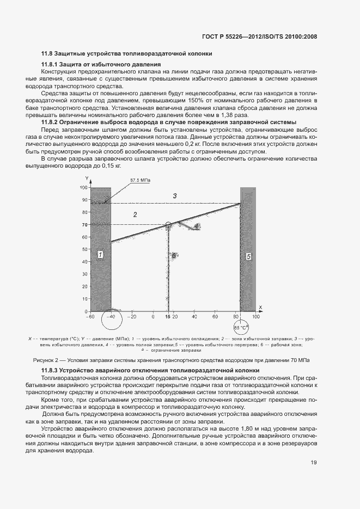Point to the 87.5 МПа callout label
(x=140, y=180)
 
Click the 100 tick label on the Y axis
(x=83, y=187)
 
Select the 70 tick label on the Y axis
(x=84, y=225)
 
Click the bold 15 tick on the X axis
(x=168, y=316)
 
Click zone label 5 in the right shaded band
(x=248, y=255)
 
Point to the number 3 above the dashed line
(x=175, y=195)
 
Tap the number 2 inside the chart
(x=135, y=215)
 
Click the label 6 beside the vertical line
(x=173, y=255)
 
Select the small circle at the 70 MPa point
(x=168, y=224)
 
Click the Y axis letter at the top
(x=86, y=179)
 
